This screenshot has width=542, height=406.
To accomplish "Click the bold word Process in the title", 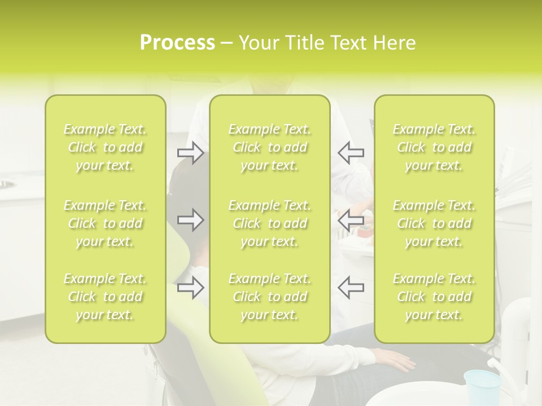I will [x=177, y=42].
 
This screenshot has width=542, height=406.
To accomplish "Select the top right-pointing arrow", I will [x=190, y=152].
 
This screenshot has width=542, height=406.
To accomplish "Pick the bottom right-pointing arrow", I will [x=190, y=288].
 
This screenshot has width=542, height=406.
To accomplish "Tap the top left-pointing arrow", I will [x=351, y=152].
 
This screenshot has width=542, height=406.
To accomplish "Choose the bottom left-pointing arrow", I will [x=351, y=288].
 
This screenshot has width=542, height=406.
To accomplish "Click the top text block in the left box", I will [x=105, y=147].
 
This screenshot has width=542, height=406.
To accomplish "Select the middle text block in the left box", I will [x=105, y=223].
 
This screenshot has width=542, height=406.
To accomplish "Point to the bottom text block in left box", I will [x=105, y=297].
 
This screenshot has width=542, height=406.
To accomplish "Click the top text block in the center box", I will [x=269, y=147].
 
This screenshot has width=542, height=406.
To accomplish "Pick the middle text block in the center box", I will [x=269, y=223].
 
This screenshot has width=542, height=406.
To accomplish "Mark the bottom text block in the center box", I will [x=269, y=297].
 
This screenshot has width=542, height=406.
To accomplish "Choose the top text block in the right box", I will [x=434, y=147].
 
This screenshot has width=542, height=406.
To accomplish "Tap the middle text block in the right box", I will [x=434, y=223].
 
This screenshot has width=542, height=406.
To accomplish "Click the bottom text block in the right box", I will [x=434, y=297].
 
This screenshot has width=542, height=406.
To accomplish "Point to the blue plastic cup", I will [x=482, y=386].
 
